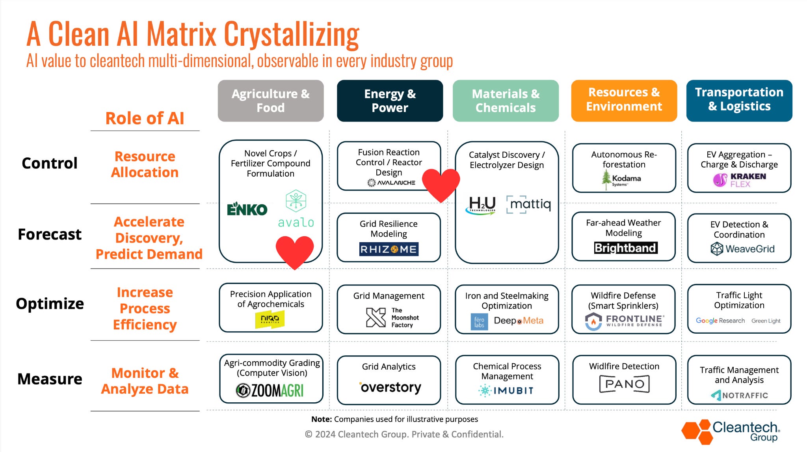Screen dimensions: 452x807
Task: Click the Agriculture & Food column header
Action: (271, 101)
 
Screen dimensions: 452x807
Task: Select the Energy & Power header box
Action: (390, 101)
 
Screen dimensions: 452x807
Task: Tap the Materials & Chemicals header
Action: (506, 101)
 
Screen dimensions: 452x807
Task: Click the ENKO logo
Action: (247, 209)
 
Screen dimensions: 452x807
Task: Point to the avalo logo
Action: (296, 209)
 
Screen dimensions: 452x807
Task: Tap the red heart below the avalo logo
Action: (295, 251)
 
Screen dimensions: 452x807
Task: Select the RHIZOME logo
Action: (389, 249)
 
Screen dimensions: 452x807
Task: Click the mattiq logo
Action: (529, 204)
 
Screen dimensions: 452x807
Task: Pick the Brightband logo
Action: (626, 248)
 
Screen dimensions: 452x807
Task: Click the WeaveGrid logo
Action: (742, 249)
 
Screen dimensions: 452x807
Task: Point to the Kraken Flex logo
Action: (740, 180)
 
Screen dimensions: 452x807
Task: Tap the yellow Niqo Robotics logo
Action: (270, 319)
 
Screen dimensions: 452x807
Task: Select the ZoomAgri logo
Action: (270, 390)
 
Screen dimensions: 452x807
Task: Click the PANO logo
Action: (624, 384)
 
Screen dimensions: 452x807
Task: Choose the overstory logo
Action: (390, 387)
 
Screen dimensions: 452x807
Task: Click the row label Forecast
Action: (50, 234)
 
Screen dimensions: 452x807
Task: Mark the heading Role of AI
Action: (145, 118)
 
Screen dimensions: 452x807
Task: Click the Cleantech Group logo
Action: (731, 431)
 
